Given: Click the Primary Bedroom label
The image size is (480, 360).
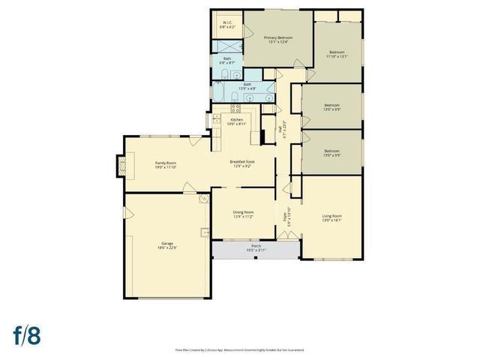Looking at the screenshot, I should pos(278,37).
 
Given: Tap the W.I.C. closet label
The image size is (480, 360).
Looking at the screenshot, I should pos(227,22).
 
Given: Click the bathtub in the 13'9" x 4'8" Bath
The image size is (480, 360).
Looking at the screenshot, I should pos(219,93).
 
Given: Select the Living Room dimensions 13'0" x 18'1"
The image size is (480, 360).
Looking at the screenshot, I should pos(331,220).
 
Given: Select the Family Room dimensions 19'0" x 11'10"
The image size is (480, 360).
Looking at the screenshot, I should pos(166,167).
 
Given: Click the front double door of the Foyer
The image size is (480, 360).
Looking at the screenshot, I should pos(284,235).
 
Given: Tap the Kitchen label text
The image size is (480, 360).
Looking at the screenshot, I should pos(237,120).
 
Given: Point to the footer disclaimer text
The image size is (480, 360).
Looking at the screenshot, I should pos(239,349).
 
